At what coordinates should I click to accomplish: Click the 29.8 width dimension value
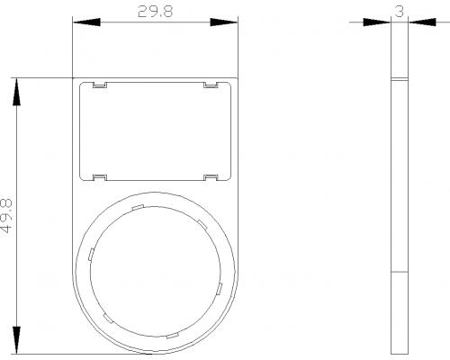155,12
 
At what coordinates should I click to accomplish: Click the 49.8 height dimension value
6,216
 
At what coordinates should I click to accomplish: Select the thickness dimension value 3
400,12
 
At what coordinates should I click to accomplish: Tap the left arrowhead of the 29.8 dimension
86,22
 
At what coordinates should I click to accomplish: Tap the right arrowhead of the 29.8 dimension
224,22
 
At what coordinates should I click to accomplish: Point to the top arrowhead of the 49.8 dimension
17,92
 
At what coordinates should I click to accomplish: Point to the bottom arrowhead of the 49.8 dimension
17,340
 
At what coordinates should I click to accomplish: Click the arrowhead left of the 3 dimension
377,22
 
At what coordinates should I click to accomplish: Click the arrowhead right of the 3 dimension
422,22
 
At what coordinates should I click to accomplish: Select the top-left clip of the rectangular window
100,85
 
